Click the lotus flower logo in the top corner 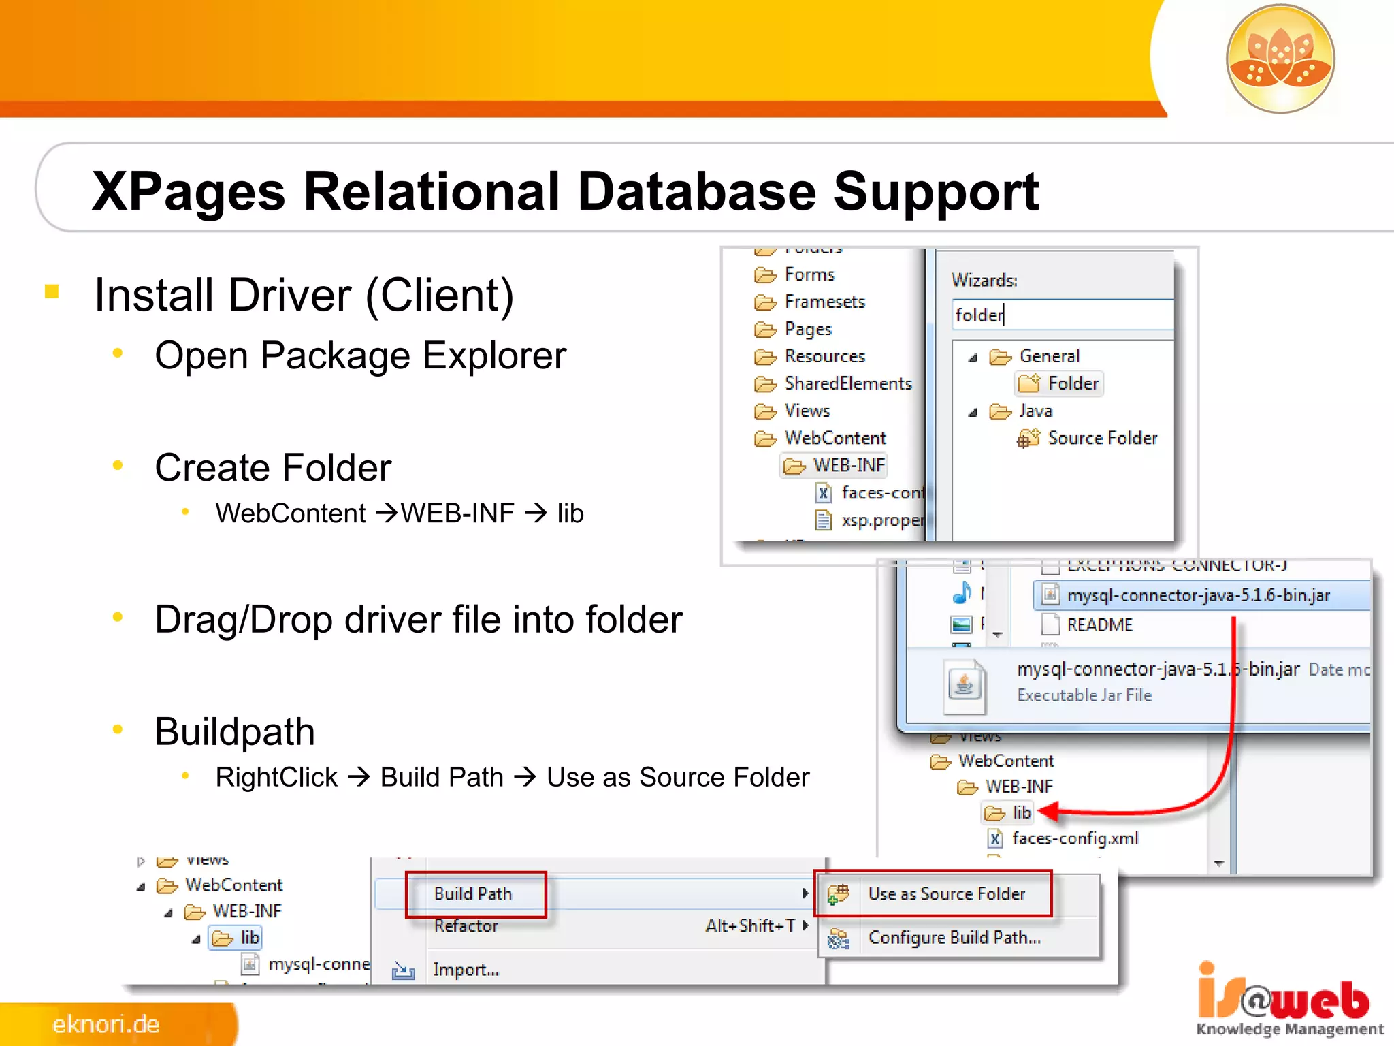[1280, 59]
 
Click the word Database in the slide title [696, 192]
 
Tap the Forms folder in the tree [808, 274]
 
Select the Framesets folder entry [824, 302]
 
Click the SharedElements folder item [847, 383]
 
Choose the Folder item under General [1071, 383]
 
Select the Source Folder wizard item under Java [1101, 438]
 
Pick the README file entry [1099, 624]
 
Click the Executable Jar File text [1084, 695]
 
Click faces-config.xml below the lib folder [1074, 838]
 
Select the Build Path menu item [474, 893]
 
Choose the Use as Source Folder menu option [945, 893]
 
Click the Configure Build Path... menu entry [953, 938]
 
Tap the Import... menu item [466, 970]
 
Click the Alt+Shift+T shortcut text [749, 925]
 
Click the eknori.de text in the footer [106, 1024]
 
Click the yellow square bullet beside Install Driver [52, 291]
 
